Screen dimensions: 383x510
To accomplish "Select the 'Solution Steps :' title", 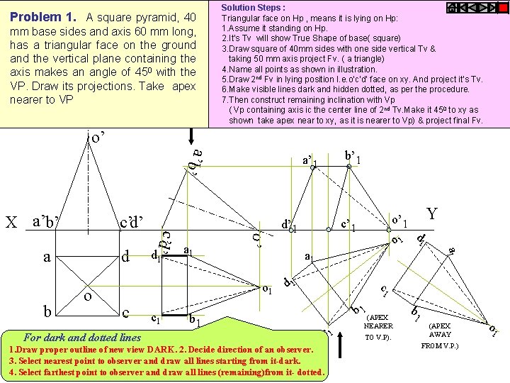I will click(x=254, y=8).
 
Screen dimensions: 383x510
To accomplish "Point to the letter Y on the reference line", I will click(x=431, y=213).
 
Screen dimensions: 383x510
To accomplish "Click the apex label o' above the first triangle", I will click(x=98, y=137).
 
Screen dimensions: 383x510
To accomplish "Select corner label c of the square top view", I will click(x=125, y=312).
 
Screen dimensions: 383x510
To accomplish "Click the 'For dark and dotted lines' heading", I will click(x=83, y=337).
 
